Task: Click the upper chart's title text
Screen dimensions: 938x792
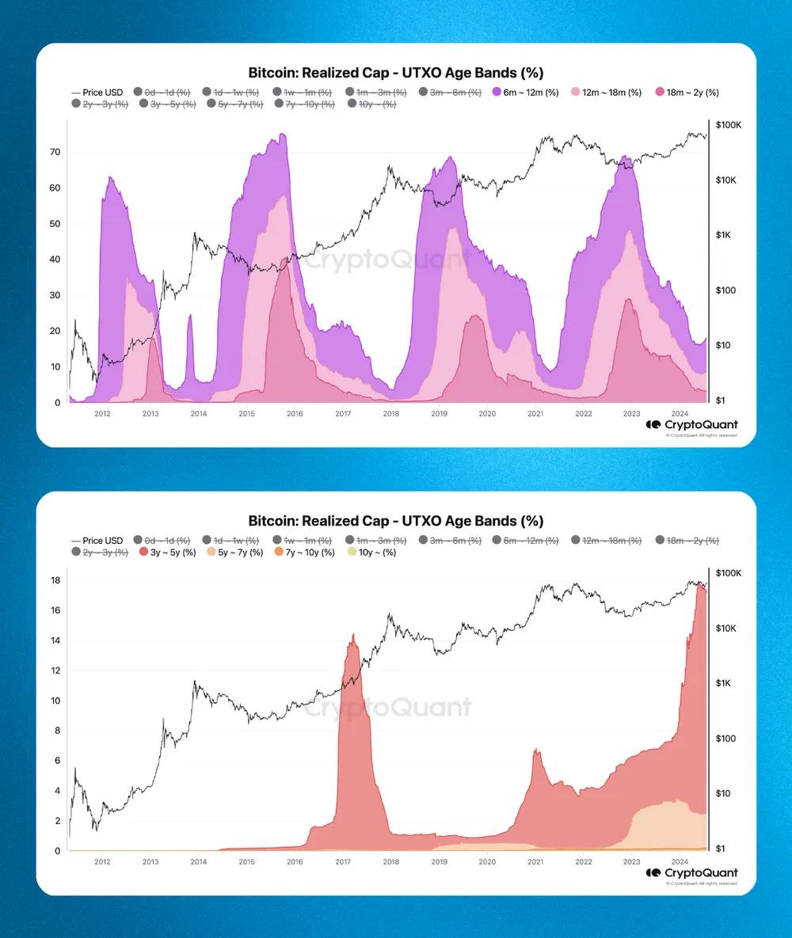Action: (x=395, y=73)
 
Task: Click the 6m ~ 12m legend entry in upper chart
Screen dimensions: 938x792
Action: (x=527, y=93)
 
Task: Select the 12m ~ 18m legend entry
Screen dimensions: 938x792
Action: (x=607, y=93)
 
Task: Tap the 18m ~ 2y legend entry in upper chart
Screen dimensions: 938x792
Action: (x=685, y=93)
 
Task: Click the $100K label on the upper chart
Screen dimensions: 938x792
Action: (x=728, y=126)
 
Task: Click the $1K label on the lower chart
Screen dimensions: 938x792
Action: (x=727, y=683)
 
